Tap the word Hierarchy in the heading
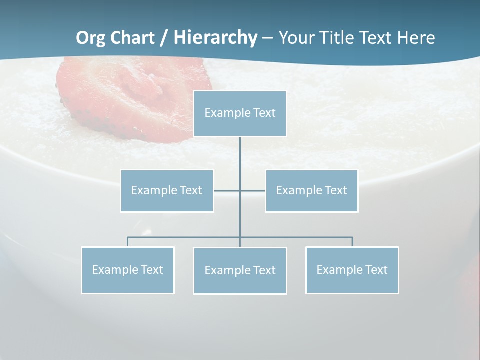pos(215,38)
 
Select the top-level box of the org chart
pos(240,113)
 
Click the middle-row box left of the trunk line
pos(167,190)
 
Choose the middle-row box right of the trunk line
pos(311,190)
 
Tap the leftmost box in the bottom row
pos(128,270)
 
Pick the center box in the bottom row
pos(240,270)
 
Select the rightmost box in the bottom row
pos(352,270)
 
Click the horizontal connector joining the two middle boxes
pos(227,190)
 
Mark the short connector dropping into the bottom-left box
pos(128,242)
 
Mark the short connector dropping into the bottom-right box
pos(352,242)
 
